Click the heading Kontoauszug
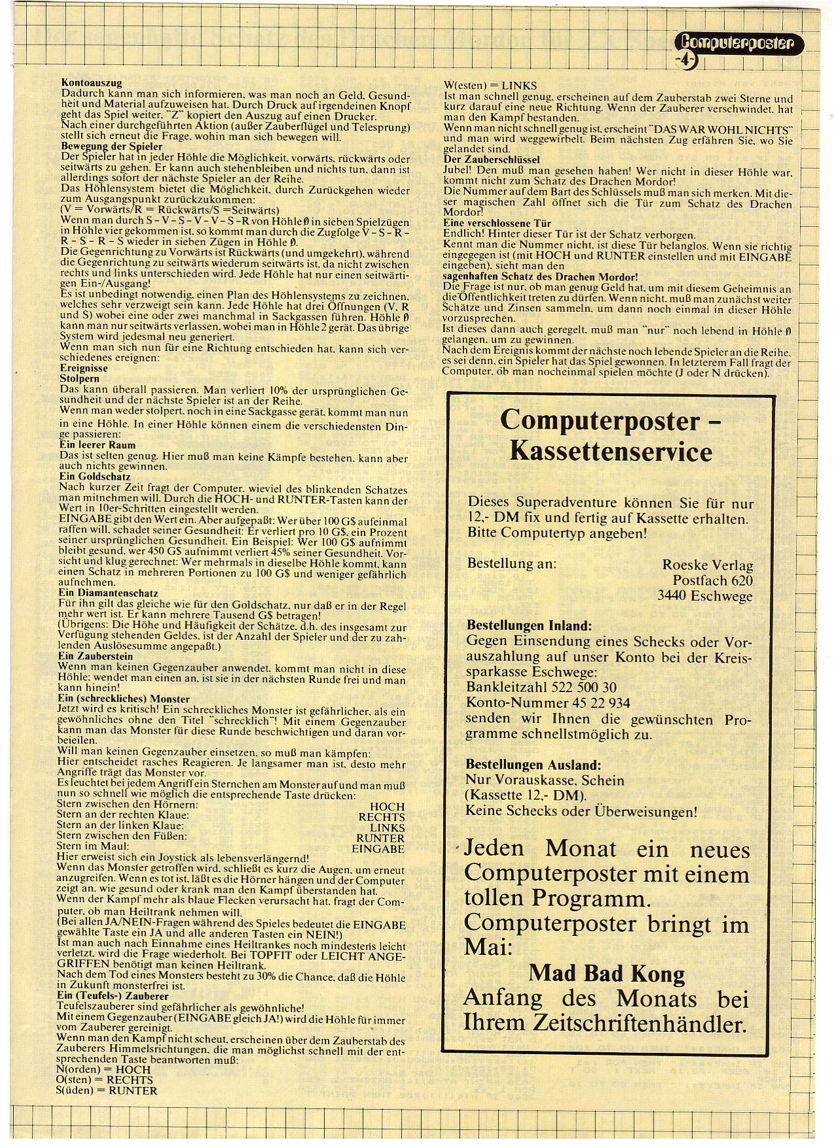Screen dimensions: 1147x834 click(92, 84)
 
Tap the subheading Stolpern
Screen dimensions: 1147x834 click(79, 378)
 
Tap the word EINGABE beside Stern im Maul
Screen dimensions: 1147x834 click(378, 848)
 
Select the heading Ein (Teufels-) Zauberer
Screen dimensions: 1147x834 click(112, 996)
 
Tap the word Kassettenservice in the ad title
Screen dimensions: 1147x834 click(610, 452)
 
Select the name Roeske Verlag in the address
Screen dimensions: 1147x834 click(707, 565)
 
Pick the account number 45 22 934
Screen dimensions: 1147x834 click(593, 703)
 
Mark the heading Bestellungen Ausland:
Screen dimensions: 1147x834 click(533, 765)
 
